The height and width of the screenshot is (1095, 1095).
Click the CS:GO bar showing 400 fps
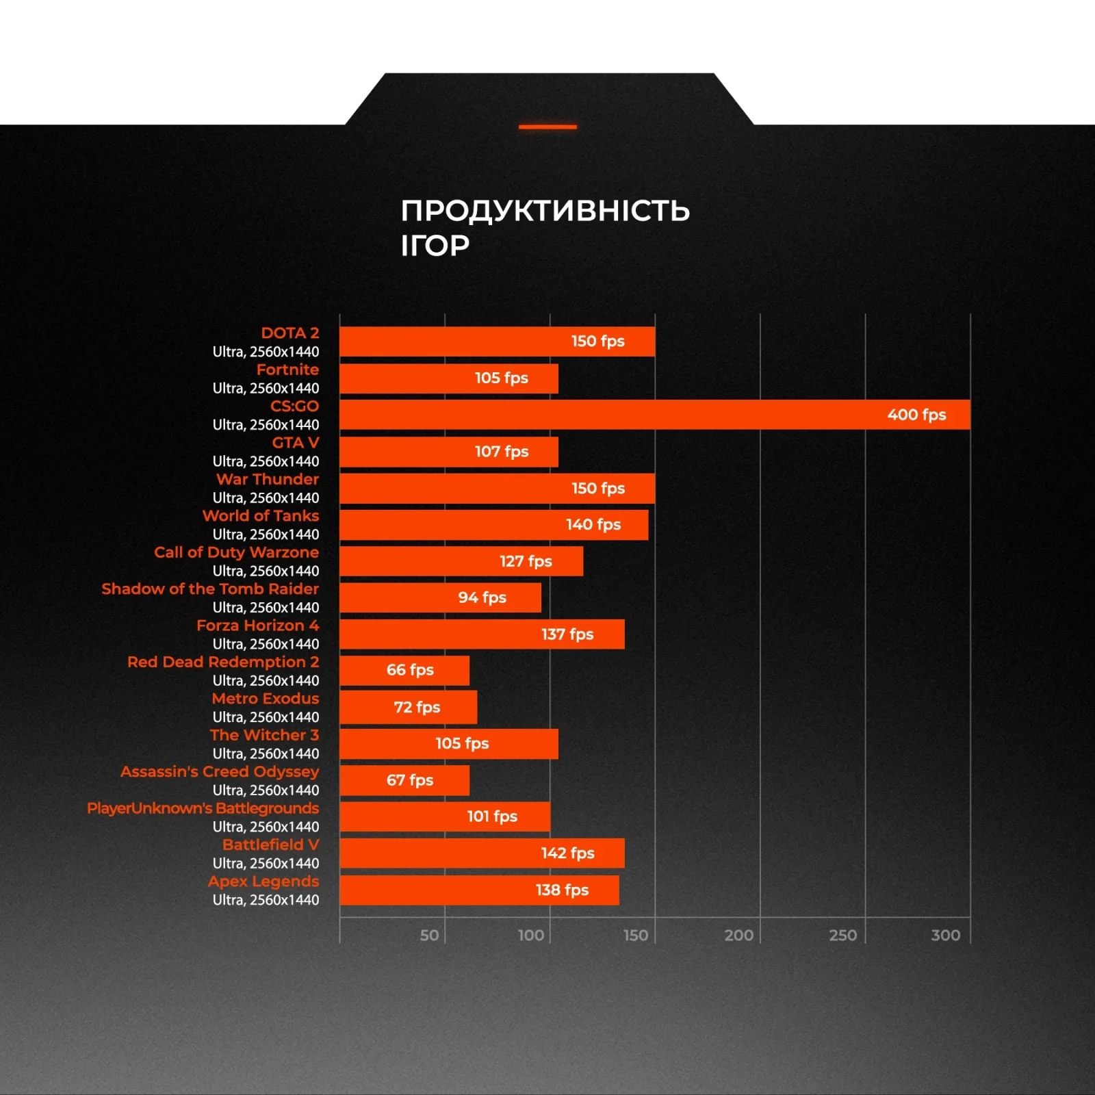(654, 415)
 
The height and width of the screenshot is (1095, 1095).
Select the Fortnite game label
(287, 370)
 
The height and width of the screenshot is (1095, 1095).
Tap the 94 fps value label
(482, 597)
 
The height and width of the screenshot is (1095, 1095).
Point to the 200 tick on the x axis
(738, 935)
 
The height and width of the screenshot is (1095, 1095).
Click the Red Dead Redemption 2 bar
(404, 671)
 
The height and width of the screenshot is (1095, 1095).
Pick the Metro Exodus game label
(266, 699)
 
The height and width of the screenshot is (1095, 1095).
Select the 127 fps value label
(526, 561)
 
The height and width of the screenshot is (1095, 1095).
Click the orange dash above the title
(547, 127)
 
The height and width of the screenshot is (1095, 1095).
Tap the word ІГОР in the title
(435, 246)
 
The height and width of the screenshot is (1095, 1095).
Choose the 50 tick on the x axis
(429, 935)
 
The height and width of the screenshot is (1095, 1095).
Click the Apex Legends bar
(479, 890)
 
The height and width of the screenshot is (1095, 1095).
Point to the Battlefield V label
(270, 845)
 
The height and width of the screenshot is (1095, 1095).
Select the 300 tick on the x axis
(945, 935)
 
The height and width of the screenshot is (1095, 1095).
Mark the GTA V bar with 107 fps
(449, 452)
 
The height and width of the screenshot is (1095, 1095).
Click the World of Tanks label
(261, 516)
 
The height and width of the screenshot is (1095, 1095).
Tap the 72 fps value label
(417, 707)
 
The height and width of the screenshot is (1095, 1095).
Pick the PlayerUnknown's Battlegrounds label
(203, 808)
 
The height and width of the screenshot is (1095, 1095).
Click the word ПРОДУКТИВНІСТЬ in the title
(545, 210)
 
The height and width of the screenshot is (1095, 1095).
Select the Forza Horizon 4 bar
(482, 634)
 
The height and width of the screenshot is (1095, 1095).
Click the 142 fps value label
(567, 853)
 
